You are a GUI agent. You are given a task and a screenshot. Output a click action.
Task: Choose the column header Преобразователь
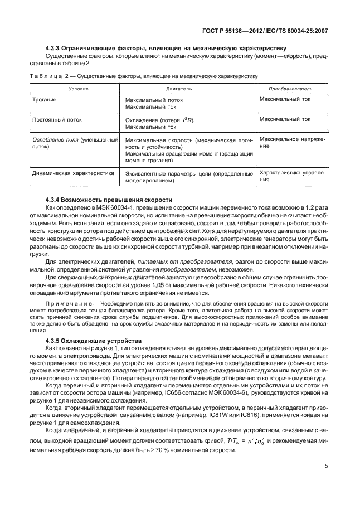[x=290, y=89]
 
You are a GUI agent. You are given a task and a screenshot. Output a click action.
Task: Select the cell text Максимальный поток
[x=154, y=100]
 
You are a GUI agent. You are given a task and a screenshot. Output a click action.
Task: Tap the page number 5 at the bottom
[x=327, y=468]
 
